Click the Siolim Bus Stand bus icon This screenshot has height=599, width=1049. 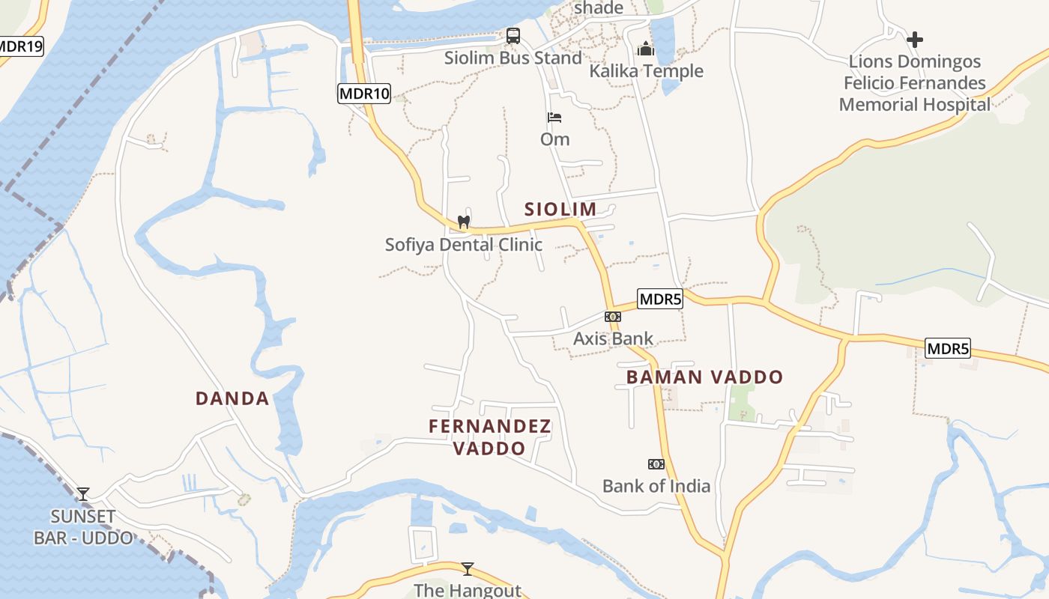pyautogui.click(x=513, y=35)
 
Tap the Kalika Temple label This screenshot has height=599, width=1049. pyautogui.click(x=646, y=71)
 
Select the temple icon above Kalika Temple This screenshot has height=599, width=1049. pyautogui.click(x=646, y=49)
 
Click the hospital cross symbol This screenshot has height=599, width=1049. pyautogui.click(x=915, y=40)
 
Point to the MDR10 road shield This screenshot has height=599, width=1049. pyautogui.click(x=364, y=94)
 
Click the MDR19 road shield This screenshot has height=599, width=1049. pyautogui.click(x=20, y=46)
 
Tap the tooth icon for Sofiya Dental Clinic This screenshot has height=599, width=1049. pyautogui.click(x=464, y=222)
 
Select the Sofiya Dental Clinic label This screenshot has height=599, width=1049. pyautogui.click(x=463, y=245)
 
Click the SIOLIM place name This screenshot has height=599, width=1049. pyautogui.click(x=560, y=209)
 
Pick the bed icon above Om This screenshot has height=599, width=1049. pyautogui.click(x=554, y=118)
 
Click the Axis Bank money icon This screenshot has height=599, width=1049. pyautogui.click(x=613, y=317)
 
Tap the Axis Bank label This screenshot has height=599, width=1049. pyautogui.click(x=613, y=338)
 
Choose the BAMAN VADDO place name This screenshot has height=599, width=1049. pyautogui.click(x=704, y=377)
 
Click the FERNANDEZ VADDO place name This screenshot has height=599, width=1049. pyautogui.click(x=490, y=437)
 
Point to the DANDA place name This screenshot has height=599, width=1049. pyautogui.click(x=232, y=398)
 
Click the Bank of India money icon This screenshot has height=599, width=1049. pyautogui.click(x=656, y=464)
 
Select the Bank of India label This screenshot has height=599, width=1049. pyautogui.click(x=656, y=486)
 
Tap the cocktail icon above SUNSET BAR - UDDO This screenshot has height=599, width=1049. pyautogui.click(x=83, y=494)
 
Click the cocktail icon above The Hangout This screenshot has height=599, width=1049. pyautogui.click(x=468, y=569)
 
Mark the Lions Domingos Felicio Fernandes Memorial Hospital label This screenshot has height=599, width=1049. pyautogui.click(x=915, y=83)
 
